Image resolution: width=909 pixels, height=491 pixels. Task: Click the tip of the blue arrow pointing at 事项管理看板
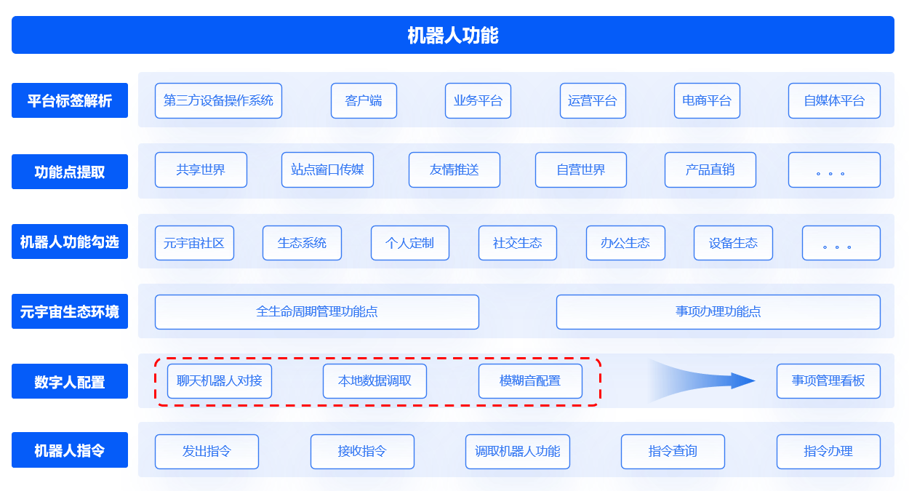756,380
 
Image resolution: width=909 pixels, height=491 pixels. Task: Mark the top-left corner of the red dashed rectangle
156,359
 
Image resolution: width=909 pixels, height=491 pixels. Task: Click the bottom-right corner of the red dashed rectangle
601,405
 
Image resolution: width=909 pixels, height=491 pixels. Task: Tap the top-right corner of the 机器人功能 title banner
894,16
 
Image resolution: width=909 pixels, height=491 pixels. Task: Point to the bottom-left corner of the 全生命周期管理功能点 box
155,329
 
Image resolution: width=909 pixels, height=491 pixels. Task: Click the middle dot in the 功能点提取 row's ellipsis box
830,174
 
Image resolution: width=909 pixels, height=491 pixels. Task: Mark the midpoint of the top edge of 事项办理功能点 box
718,295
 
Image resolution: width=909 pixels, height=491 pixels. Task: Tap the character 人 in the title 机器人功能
453,36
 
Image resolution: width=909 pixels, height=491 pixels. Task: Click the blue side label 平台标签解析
70,100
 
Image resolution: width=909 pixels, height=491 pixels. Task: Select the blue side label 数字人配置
70,381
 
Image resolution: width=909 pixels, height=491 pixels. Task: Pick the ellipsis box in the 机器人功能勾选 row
841,243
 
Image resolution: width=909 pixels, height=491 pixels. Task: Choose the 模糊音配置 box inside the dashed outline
530,381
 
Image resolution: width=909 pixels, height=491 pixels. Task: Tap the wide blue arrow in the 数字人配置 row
702,380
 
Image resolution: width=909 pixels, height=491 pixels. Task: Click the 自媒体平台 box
834,100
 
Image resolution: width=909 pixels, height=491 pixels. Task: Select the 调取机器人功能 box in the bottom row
517,452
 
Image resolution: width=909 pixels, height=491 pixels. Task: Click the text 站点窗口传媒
327,169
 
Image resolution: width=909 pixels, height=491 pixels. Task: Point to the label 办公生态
625,243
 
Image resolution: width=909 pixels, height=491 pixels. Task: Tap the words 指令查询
673,451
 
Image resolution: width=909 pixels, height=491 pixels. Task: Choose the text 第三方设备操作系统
218,100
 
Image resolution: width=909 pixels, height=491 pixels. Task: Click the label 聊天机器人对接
220,381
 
